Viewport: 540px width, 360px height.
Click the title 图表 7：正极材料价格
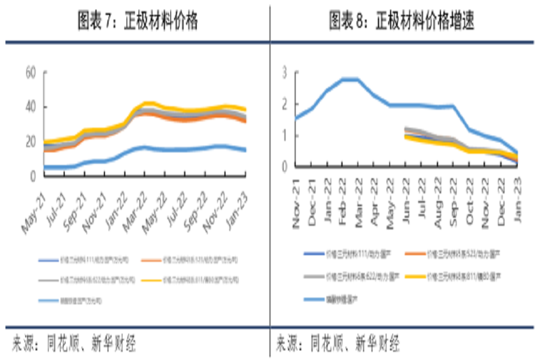[138, 22]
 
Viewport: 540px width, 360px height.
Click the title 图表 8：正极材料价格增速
[401, 22]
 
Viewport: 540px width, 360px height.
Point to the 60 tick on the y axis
[30, 73]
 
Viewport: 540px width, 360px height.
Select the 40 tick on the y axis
[30, 107]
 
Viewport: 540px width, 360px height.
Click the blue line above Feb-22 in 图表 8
[344, 79]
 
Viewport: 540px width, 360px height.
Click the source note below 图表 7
[74, 344]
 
